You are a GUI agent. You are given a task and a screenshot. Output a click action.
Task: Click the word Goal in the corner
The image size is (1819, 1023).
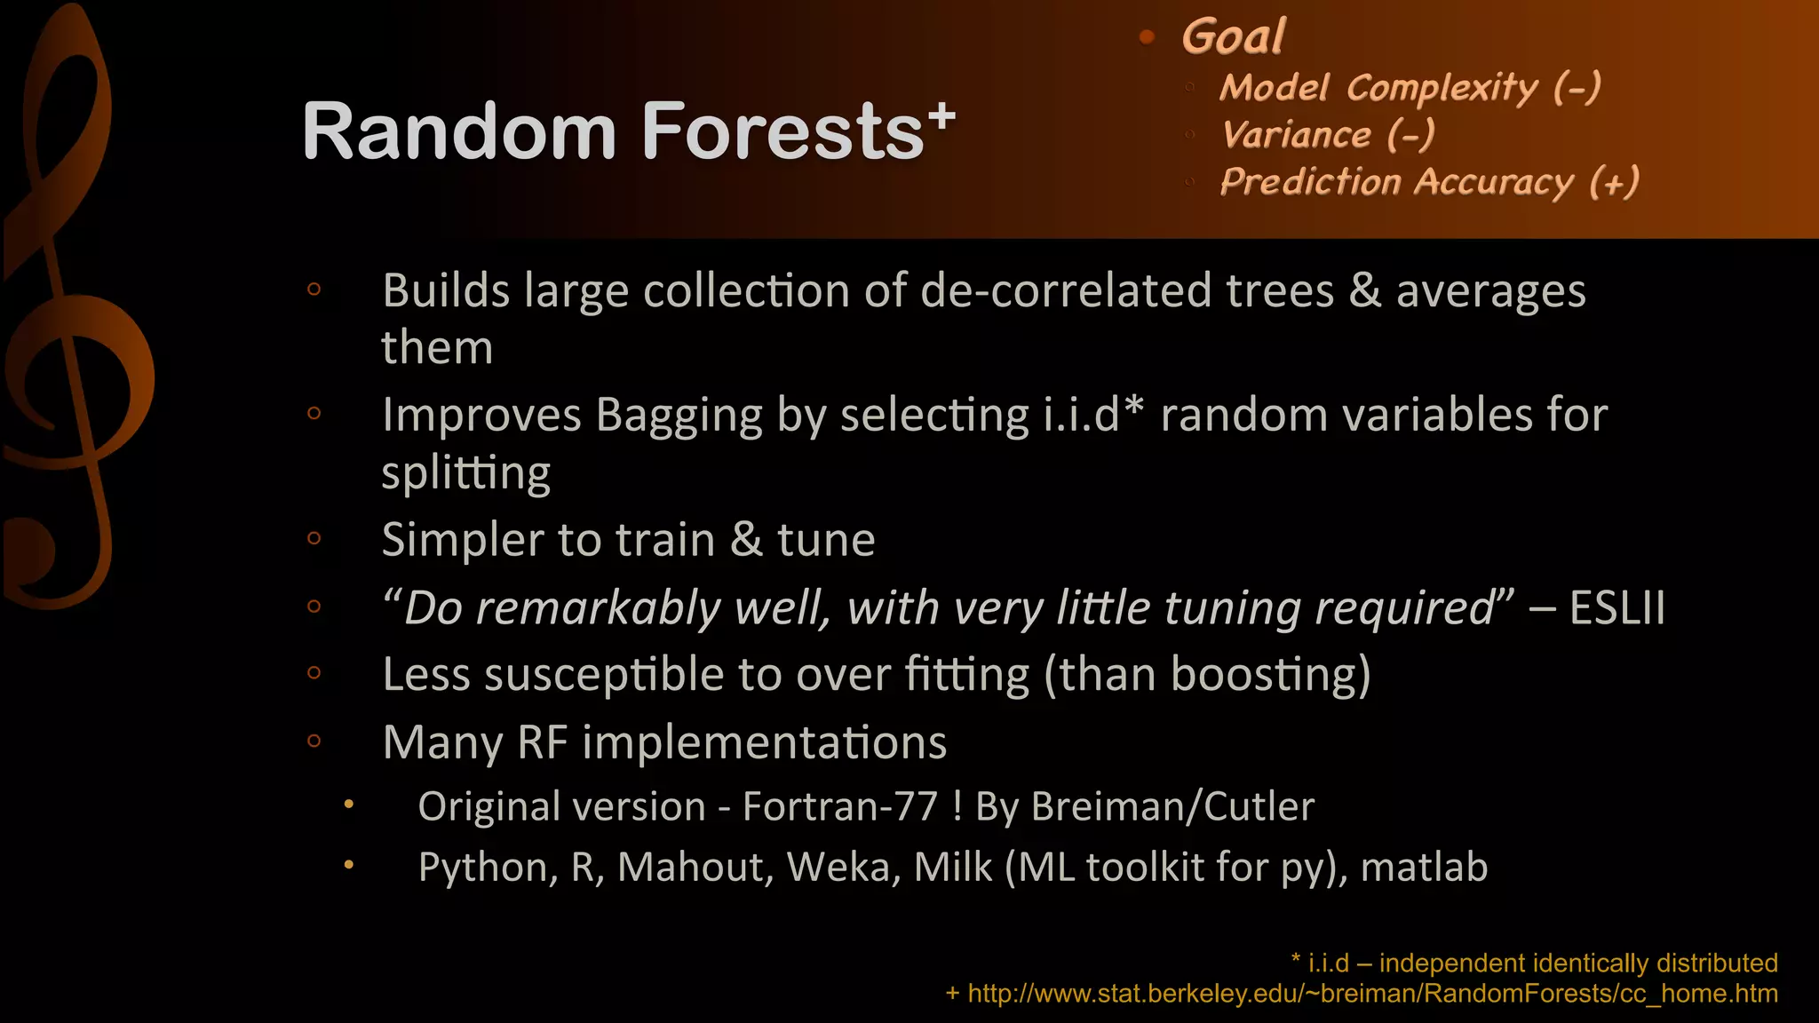(x=1233, y=37)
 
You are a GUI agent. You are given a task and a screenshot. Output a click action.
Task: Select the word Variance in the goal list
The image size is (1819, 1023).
(x=1296, y=135)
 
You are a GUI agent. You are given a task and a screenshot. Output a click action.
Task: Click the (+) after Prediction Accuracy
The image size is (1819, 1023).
(x=1614, y=182)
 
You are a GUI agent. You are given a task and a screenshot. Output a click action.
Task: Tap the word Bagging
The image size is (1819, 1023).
(x=679, y=415)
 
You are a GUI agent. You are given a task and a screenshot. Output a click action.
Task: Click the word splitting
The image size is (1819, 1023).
(x=465, y=472)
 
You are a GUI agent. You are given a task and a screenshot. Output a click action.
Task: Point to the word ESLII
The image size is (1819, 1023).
(x=1616, y=608)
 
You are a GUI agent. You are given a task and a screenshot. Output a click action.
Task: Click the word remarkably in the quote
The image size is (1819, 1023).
(x=598, y=608)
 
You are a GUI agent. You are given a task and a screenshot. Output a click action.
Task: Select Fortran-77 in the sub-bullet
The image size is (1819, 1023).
(x=839, y=806)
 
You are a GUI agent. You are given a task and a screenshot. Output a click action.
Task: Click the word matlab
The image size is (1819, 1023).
(x=1424, y=867)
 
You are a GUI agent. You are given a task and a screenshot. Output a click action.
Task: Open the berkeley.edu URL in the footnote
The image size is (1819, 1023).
(x=1371, y=994)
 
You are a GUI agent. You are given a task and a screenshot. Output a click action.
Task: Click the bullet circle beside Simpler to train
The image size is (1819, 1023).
(x=314, y=538)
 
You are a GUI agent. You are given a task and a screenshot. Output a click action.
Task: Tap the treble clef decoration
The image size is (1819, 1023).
(x=71, y=337)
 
